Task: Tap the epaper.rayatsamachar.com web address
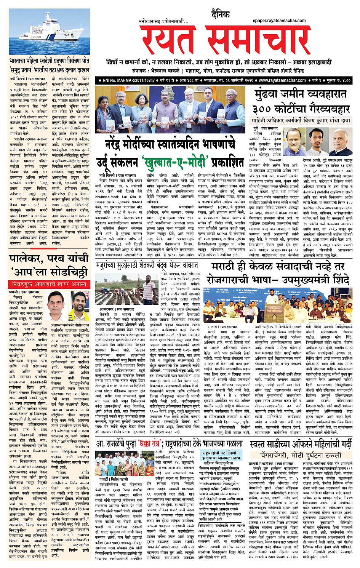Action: [279, 21]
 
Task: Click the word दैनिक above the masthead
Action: [221, 14]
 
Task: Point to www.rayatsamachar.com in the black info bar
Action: [282, 80]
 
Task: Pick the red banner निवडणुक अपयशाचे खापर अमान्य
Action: [49, 284]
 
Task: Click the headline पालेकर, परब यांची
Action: [49, 259]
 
